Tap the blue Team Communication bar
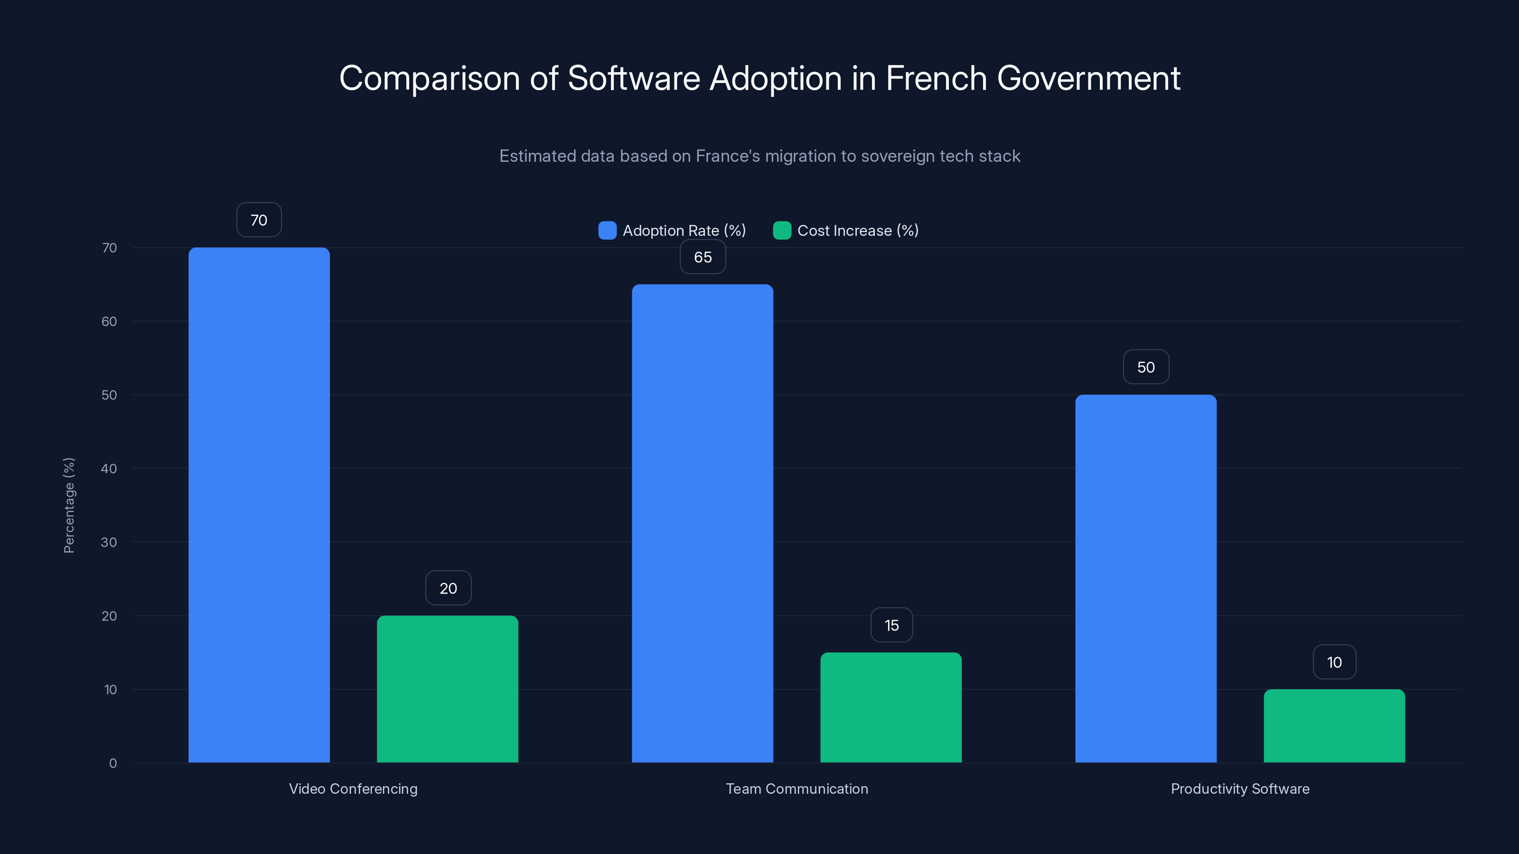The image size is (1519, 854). pos(703,523)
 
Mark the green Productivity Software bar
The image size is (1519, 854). pos(1334,725)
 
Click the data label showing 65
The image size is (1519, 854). pos(703,257)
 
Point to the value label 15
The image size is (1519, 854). pos(891,625)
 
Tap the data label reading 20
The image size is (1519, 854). pos(448,588)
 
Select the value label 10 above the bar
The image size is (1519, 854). pos(1334,662)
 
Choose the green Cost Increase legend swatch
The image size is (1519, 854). pos(781,231)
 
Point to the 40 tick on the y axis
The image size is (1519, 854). pos(109,469)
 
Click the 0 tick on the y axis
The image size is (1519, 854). pos(113,763)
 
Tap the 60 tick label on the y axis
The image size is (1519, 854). pos(109,321)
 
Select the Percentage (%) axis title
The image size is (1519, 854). pos(69,505)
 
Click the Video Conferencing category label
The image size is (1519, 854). pos(353,789)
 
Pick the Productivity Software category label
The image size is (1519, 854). pos(1239,789)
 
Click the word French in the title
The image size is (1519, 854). pos(936,78)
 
